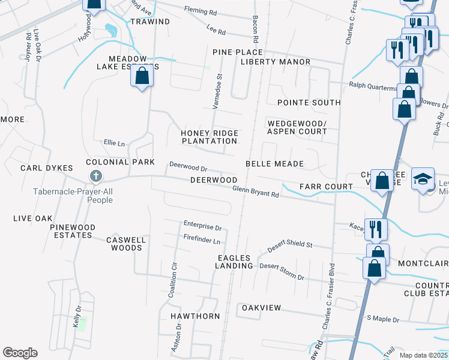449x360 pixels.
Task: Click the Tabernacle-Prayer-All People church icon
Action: tap(95, 176)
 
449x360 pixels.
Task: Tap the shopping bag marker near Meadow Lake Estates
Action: tap(142, 77)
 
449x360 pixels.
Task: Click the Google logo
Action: tap(20, 353)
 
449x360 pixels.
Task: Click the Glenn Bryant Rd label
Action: tap(256, 191)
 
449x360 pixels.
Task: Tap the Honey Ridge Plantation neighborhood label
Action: tap(209, 137)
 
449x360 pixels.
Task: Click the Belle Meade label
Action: tap(274, 164)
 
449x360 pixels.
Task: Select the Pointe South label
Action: tap(309, 103)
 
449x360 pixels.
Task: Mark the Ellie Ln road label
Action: tap(114, 143)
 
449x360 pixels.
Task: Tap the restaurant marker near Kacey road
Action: tap(376, 229)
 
